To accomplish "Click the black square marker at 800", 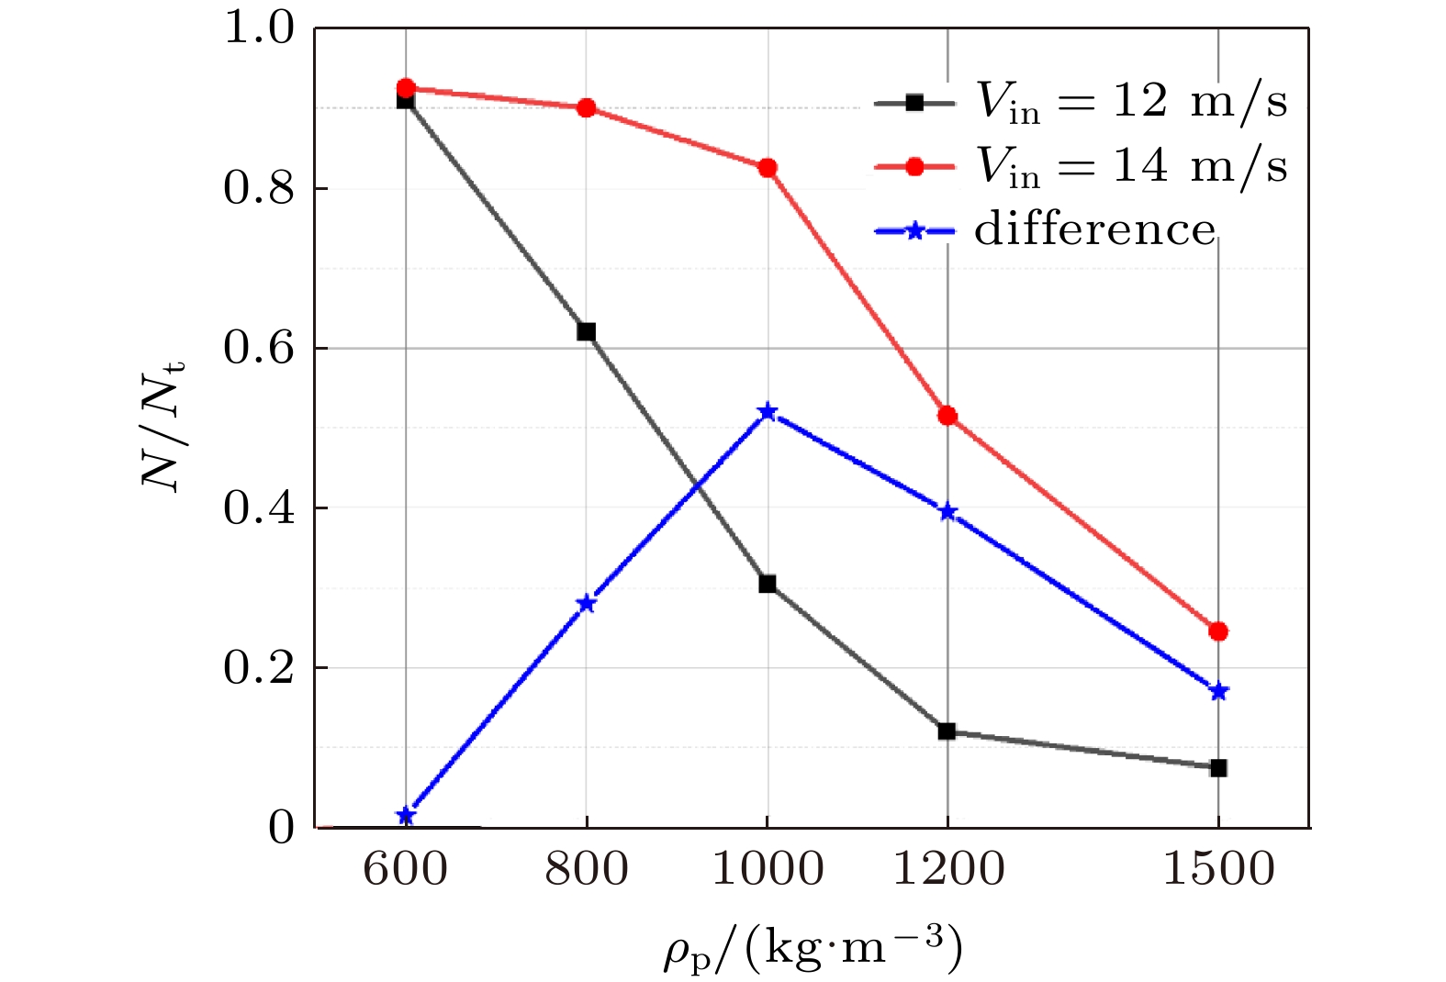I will click(586, 331).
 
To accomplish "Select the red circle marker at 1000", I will click(768, 168).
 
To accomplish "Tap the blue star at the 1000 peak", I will click(768, 412).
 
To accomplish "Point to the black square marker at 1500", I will click(1218, 767).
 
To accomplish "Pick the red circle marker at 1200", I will click(947, 416).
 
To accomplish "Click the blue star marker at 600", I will click(406, 816).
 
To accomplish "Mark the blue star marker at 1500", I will click(1218, 691).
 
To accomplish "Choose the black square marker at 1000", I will click(768, 584).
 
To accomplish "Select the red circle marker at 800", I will click(586, 108).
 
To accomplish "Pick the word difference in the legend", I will click(1094, 229).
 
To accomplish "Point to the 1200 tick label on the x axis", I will click(948, 868).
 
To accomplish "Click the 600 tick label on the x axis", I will click(406, 868).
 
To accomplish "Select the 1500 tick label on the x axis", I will click(1218, 868).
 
